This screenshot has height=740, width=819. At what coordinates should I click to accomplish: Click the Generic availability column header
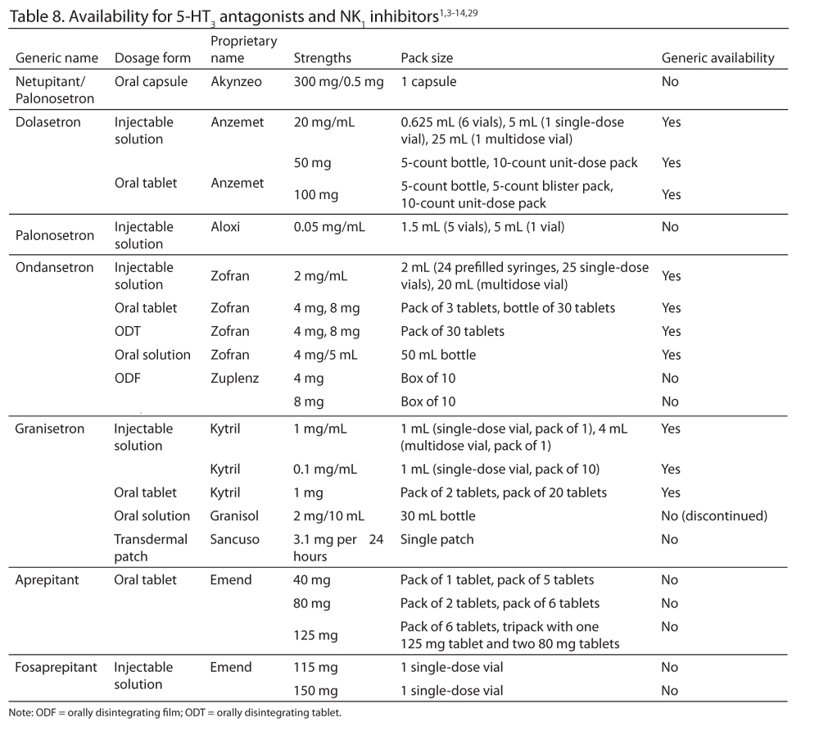[717, 58]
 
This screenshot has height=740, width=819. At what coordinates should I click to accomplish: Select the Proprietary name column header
[243, 49]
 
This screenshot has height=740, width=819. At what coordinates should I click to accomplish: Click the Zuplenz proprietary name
[233, 379]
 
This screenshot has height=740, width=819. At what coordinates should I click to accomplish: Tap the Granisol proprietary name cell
[236, 516]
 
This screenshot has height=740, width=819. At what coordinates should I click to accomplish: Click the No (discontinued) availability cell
[714, 516]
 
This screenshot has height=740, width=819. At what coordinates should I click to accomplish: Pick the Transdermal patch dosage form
[151, 547]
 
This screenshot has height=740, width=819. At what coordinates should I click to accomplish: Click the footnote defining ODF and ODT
[174, 712]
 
